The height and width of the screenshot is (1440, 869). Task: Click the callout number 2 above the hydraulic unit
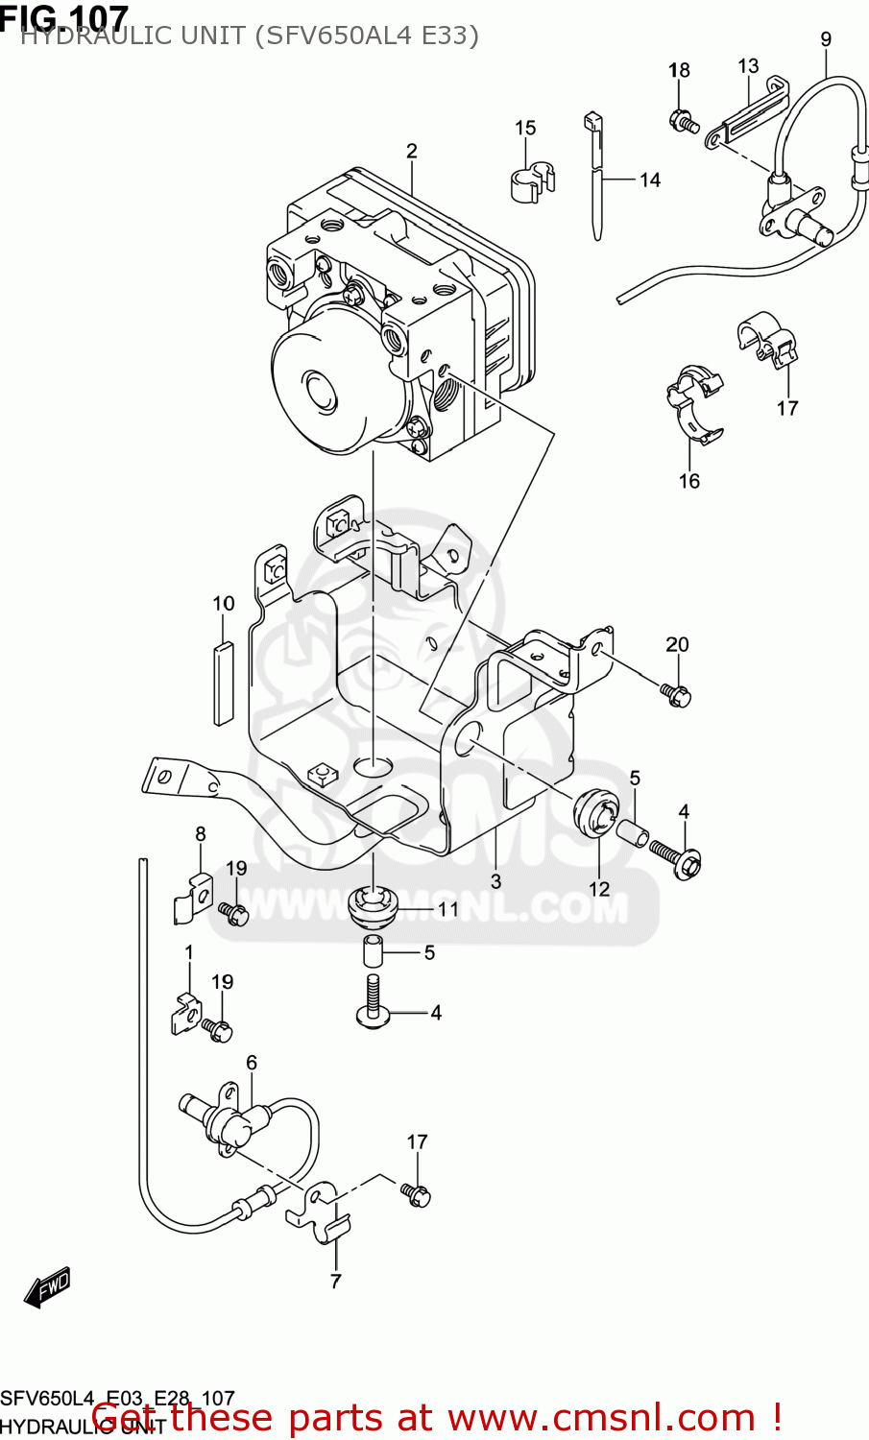point(411,151)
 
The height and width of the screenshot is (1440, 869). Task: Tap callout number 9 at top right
point(826,39)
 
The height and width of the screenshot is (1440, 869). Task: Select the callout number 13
point(748,66)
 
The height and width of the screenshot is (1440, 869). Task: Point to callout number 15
point(524,128)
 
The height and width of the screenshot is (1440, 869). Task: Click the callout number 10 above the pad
point(223,603)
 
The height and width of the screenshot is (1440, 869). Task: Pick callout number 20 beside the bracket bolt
point(677,644)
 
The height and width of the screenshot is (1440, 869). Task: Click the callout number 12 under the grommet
point(599,889)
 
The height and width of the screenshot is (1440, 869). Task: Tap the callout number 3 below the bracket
point(495,881)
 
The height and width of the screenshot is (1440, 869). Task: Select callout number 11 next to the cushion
point(448,908)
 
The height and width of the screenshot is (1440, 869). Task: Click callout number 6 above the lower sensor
point(252,1062)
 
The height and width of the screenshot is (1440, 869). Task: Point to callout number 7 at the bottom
point(335,1281)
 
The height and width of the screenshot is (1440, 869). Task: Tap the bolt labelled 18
point(683,122)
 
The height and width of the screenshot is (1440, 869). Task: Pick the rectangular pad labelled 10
point(223,682)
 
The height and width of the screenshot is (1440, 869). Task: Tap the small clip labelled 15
point(531,181)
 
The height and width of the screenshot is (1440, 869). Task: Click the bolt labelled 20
point(676,694)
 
